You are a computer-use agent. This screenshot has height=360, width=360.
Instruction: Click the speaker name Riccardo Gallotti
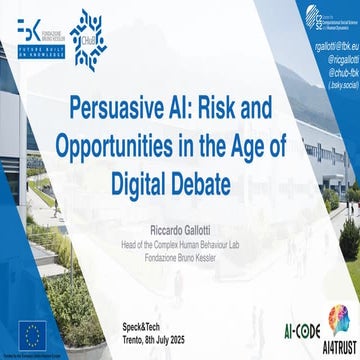(180, 226)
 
